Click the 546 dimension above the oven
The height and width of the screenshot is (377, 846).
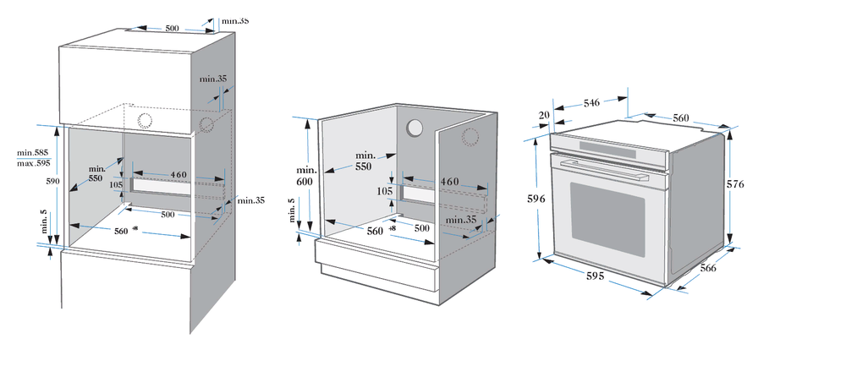pos(591,102)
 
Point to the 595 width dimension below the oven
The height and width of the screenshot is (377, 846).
pos(597,276)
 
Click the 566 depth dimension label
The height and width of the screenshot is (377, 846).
pos(707,268)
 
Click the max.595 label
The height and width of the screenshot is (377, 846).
pos(34,162)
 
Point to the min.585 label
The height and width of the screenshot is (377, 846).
pos(34,152)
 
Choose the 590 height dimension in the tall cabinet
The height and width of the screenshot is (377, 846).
pos(51,181)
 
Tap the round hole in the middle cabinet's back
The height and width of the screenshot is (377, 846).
pos(415,128)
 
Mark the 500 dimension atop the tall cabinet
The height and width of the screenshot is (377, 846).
pos(172,29)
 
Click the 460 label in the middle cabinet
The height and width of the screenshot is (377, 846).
pos(449,182)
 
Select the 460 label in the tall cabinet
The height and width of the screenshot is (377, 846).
pos(179,175)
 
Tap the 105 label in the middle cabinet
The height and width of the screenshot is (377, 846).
pos(385,191)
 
